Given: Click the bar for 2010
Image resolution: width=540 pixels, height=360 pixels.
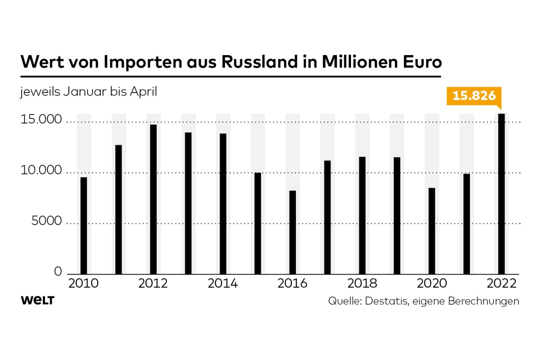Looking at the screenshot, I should (x=84, y=226).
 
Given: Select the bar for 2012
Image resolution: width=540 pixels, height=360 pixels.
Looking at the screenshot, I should (x=153, y=199).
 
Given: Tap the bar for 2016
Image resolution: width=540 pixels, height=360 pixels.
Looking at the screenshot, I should (x=292, y=232).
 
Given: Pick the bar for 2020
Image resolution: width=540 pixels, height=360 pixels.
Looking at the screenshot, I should (x=432, y=231).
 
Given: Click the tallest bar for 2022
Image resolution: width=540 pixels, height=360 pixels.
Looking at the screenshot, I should (x=502, y=194).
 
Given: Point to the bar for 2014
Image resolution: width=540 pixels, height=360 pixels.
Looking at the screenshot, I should (x=223, y=204).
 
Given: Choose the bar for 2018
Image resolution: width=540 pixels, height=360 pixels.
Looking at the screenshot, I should (x=362, y=215).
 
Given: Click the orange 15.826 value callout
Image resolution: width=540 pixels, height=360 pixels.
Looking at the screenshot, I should (x=474, y=96).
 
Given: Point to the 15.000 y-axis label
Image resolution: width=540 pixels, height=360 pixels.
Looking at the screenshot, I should (x=41, y=119).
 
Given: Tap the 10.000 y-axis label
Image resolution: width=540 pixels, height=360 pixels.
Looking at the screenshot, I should (x=41, y=170).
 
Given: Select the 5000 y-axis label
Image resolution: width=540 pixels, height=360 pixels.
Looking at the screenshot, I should (x=47, y=221).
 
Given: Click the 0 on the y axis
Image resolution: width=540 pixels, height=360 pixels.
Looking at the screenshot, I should (x=58, y=272).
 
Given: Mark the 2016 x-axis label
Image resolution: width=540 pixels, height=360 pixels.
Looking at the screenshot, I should (x=292, y=283).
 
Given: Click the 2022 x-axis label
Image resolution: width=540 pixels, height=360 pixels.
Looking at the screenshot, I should (x=502, y=283).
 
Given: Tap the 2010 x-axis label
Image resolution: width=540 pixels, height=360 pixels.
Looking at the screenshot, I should (x=83, y=283).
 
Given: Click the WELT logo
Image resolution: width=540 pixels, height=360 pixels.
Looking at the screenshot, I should (x=37, y=300).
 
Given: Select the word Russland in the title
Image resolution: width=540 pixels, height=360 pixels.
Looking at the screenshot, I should (x=260, y=62).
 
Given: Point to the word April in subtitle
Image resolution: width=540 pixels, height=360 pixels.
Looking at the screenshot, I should (x=143, y=92).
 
